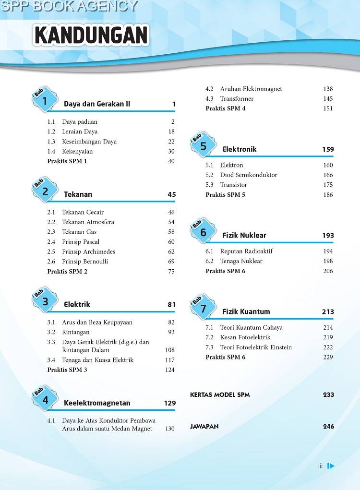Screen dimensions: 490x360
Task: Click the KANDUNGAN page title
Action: pyautogui.click(x=91, y=36)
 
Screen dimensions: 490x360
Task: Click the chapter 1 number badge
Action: pyautogui.click(x=45, y=100)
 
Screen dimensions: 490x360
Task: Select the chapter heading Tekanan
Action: pyautogui.click(x=78, y=194)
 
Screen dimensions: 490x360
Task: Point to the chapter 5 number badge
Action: pyautogui.click(x=203, y=146)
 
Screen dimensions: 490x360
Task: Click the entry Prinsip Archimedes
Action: pyautogui.click(x=88, y=251)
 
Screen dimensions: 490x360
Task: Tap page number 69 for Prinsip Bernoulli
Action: pyautogui.click(x=171, y=262)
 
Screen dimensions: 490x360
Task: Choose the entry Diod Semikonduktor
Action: pyautogui.click(x=249, y=175)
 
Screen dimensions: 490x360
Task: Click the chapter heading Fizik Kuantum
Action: pyautogui.click(x=246, y=311)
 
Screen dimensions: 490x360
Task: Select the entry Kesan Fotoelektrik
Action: pyautogui.click(x=245, y=337)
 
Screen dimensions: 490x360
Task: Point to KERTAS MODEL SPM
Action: pyautogui.click(x=220, y=394)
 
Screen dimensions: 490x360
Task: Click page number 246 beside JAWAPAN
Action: pyautogui.click(x=328, y=426)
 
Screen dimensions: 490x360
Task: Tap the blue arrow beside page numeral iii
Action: pyautogui.click(x=331, y=466)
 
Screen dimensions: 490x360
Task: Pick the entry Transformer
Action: pyautogui.click(x=237, y=99)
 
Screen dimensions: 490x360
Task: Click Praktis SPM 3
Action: pyautogui.click(x=67, y=370)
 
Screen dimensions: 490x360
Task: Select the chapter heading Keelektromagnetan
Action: pyautogui.click(x=97, y=403)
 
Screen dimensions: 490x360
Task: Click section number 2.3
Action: pyautogui.click(x=51, y=232)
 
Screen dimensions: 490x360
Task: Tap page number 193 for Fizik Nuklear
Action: pyautogui.click(x=328, y=235)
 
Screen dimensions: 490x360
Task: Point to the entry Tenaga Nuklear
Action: pyautogui.click(x=241, y=261)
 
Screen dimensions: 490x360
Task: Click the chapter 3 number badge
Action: pyautogui.click(x=45, y=301)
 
